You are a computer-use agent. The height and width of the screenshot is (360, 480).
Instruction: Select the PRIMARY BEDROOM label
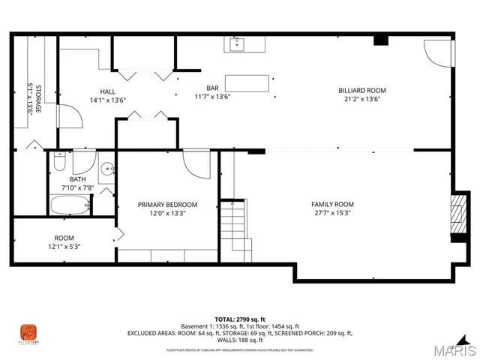167,204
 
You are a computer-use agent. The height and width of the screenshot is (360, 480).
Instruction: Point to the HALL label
107,91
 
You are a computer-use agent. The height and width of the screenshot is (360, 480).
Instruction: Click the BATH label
77,179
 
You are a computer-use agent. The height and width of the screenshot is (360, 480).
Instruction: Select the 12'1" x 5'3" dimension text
64,247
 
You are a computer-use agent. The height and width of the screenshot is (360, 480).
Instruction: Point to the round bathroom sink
107,168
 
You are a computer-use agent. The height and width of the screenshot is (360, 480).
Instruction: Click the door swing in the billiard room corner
435,50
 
